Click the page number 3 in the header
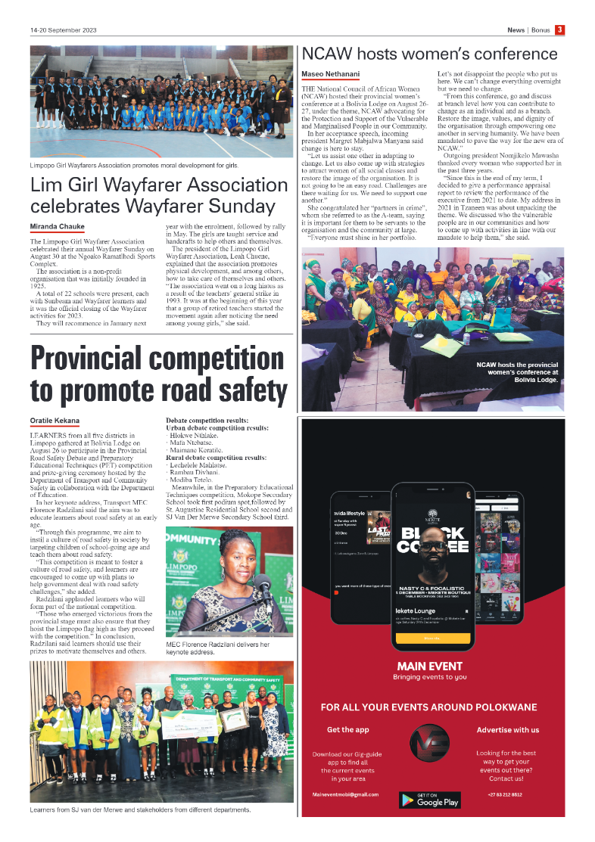(559, 30)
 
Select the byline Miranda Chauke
(57, 227)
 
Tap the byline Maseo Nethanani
(330, 74)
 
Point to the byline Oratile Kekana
(55, 419)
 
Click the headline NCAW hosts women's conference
(429, 54)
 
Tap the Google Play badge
(429, 800)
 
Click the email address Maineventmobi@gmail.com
(344, 795)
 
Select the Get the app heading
(347, 730)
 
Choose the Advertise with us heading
(507, 730)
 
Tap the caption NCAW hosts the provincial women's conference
(517, 372)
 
